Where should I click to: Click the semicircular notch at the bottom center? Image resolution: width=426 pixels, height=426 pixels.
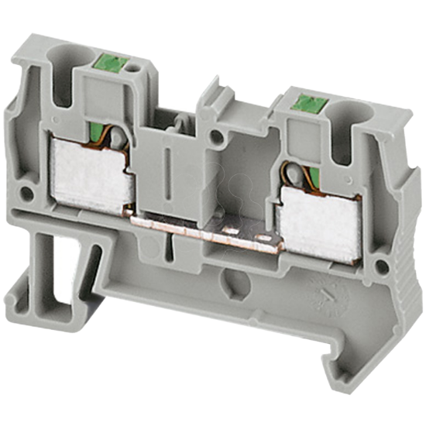[227, 277]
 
